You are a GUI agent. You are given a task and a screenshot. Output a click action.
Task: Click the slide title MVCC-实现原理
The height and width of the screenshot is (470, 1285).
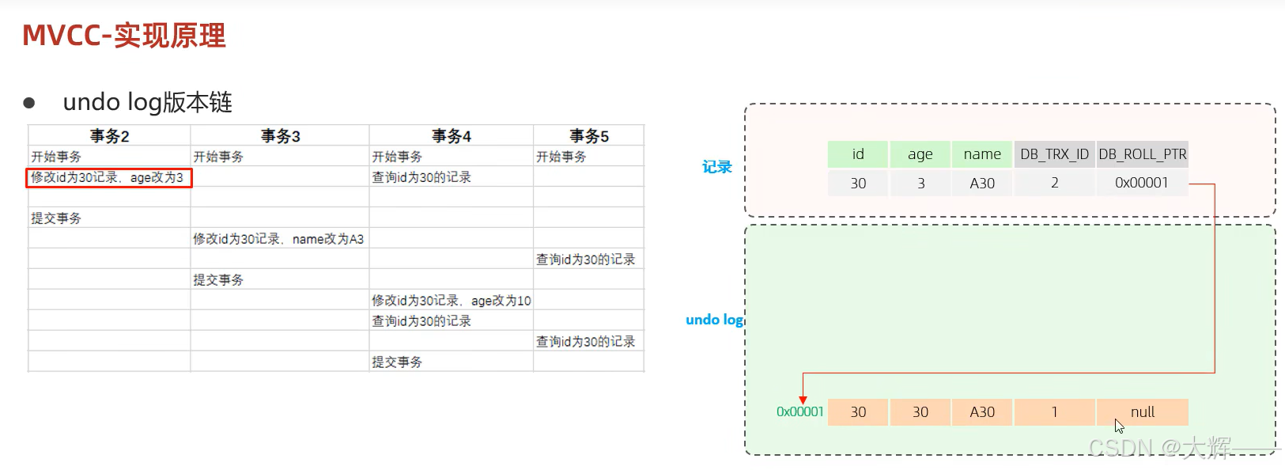[x=124, y=36]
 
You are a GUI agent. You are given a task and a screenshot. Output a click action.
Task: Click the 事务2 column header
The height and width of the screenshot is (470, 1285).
[x=109, y=136]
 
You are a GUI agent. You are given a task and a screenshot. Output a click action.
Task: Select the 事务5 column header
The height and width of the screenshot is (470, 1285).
[x=589, y=136]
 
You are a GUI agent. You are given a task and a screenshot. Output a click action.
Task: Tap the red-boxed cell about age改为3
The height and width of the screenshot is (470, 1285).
[x=108, y=177]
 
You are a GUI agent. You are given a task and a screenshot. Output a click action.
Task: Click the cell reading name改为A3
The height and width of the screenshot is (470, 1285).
[x=278, y=239]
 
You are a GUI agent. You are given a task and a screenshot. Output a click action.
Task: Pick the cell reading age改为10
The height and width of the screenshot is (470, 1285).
[x=451, y=301]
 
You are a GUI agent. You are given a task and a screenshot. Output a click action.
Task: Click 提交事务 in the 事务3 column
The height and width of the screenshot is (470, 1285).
[x=218, y=280]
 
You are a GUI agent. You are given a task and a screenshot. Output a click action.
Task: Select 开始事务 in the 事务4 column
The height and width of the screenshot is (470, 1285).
[x=397, y=157]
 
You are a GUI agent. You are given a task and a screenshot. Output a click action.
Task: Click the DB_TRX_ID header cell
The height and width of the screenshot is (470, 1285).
[x=1054, y=154]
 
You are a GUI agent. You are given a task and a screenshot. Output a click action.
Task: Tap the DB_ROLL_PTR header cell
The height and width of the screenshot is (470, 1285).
[x=1142, y=154]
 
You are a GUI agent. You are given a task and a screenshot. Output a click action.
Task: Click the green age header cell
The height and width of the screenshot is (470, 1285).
[x=920, y=154]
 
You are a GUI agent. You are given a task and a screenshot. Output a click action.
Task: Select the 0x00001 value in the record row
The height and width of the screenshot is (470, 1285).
[x=1141, y=183]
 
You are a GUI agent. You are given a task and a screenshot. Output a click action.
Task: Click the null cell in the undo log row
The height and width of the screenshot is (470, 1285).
[x=1142, y=412]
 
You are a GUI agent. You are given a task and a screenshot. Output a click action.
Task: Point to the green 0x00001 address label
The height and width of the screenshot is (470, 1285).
[x=799, y=411]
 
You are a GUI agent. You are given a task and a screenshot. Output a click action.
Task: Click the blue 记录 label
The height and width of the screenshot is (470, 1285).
[x=717, y=167]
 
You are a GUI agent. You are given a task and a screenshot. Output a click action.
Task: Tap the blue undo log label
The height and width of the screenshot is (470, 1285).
[x=714, y=320]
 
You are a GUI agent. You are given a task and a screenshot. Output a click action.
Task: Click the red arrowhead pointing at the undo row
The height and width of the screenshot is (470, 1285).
[x=803, y=400]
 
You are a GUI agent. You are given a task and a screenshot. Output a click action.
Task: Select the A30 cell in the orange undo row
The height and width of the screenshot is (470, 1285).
[x=982, y=412]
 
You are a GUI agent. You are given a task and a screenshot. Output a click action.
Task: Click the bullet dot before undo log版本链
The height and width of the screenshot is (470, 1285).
[x=29, y=103]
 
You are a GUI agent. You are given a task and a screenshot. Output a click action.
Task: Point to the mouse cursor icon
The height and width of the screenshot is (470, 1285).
[x=1119, y=426]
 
